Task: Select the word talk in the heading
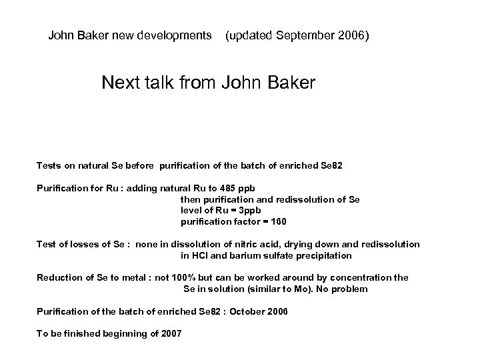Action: [160, 83]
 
